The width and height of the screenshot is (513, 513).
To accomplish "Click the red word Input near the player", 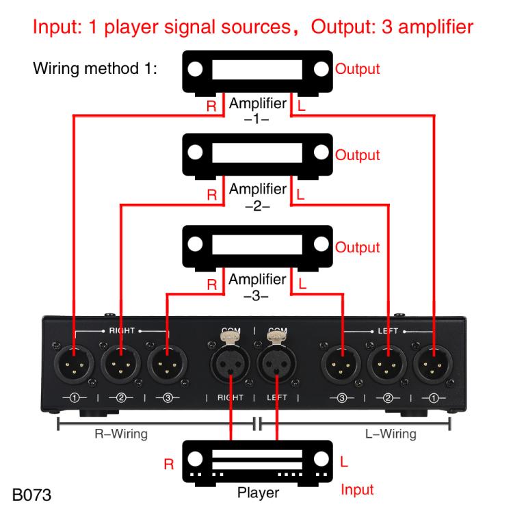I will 357,490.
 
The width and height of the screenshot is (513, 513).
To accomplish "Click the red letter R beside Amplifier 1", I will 213,107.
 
